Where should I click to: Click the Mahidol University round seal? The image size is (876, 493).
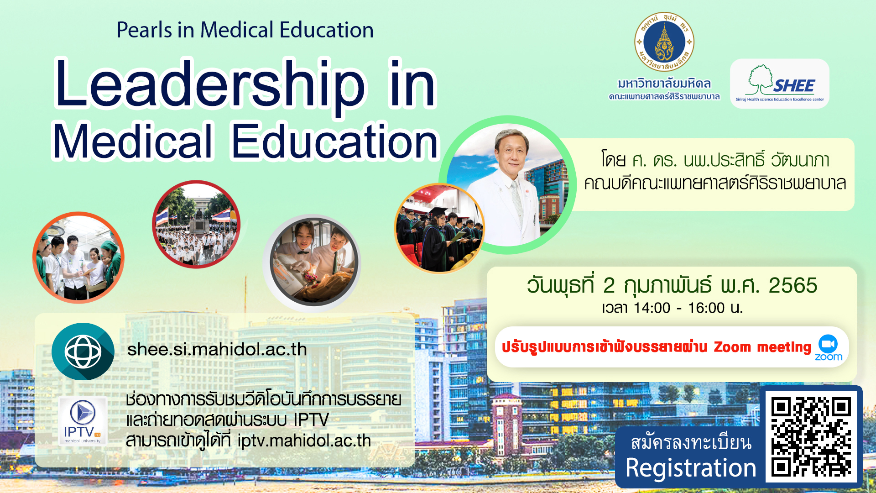(x=664, y=42)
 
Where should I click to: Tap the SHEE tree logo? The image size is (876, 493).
(x=780, y=84)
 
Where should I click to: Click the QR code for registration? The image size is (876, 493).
(x=811, y=437)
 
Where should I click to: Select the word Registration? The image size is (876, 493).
(x=691, y=468)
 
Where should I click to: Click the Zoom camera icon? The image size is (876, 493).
(x=828, y=344)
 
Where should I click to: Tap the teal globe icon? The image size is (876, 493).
(x=83, y=351)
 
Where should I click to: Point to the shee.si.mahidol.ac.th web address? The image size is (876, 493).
(x=217, y=350)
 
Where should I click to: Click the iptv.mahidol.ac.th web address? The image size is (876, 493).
(x=304, y=441)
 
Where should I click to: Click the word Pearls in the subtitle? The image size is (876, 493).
(x=144, y=30)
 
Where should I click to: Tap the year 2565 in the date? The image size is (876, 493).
(x=793, y=286)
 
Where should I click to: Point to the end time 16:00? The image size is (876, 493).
(x=706, y=308)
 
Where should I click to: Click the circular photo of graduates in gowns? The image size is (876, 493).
(x=439, y=228)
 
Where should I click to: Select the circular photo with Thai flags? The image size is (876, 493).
(x=196, y=224)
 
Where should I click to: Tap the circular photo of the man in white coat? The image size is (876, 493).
(x=507, y=185)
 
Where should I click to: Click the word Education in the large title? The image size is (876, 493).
(x=335, y=142)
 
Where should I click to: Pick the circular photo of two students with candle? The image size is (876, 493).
(x=312, y=262)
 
